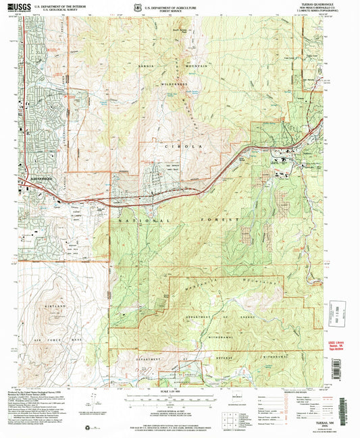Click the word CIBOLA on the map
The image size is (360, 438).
coord(174,146)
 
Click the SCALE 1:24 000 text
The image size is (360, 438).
coord(180,394)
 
